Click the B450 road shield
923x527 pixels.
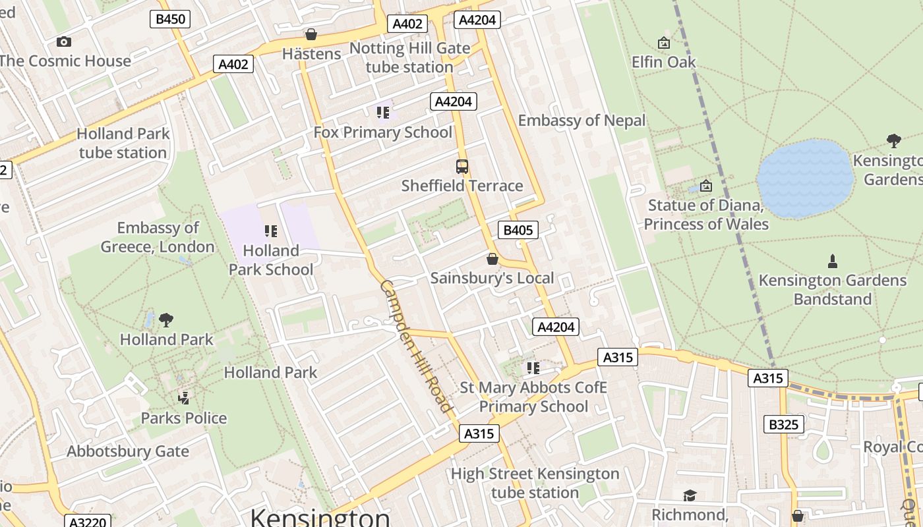coord(170,19)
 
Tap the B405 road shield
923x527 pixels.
coord(518,230)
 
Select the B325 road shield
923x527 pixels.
coord(784,425)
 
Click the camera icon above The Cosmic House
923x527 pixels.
coord(63,42)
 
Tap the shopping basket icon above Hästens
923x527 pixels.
coord(311,34)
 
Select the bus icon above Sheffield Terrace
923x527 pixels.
coord(461,167)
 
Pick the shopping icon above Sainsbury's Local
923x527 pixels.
coord(492,259)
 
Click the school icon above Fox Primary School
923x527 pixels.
coord(382,113)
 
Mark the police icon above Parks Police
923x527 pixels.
coord(183,398)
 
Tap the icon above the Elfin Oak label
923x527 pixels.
coord(663,43)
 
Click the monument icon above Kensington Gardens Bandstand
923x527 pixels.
coord(832,262)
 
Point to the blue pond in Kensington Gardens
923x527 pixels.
coord(805,179)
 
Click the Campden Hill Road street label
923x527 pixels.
coord(417,347)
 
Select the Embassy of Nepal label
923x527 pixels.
coord(581,121)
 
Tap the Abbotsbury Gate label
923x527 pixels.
coord(127,452)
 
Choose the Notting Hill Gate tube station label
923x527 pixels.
coord(409,57)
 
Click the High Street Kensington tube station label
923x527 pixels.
coord(535,483)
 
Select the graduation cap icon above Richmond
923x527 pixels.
coord(690,495)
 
